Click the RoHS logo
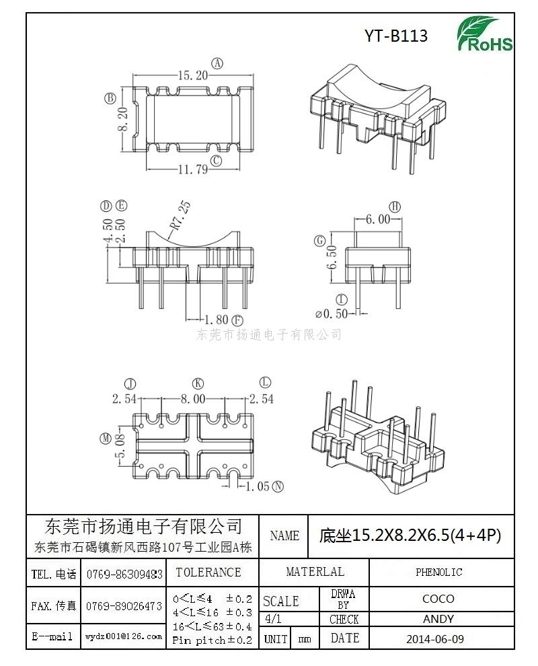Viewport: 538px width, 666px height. pos(484,34)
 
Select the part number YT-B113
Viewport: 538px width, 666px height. pos(395,36)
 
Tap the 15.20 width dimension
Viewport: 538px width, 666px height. pos(193,75)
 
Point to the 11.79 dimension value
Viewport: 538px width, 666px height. pos(193,170)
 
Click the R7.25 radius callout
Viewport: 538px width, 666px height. pos(180,215)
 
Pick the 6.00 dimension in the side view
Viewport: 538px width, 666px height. pos(378,219)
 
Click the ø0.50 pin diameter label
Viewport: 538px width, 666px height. pos(332,314)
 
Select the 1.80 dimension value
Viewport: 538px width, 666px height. pos(217,320)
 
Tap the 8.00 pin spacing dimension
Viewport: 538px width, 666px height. pos(193,399)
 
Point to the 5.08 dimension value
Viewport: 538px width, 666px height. pos(120,445)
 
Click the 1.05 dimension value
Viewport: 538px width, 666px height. pos(258,487)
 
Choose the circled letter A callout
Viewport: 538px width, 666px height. pos(217,64)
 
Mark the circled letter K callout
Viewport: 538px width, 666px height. pos(198,383)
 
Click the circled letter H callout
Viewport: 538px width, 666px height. pos(395,207)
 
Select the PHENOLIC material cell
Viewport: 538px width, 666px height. pos(438,572)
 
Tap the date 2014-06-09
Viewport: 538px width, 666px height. pos(435,639)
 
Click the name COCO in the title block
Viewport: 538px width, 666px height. pos(438,599)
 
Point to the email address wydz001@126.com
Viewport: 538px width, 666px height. pos(124,636)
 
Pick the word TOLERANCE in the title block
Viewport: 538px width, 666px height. pos(208,572)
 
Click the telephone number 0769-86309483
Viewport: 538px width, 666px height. pos(124,575)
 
